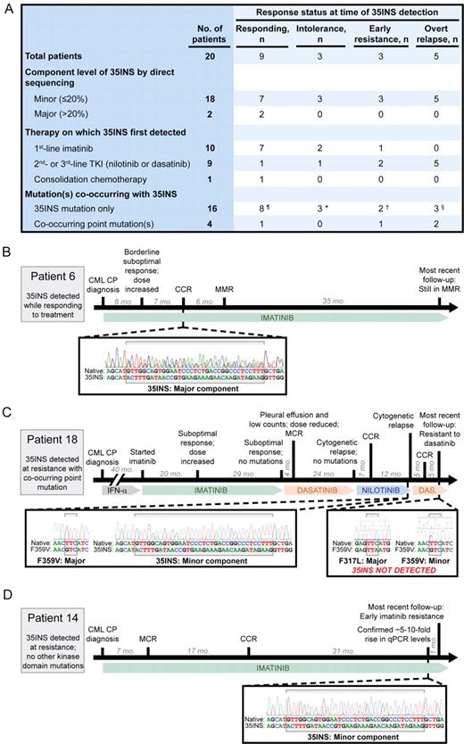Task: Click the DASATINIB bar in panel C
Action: point(316,491)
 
